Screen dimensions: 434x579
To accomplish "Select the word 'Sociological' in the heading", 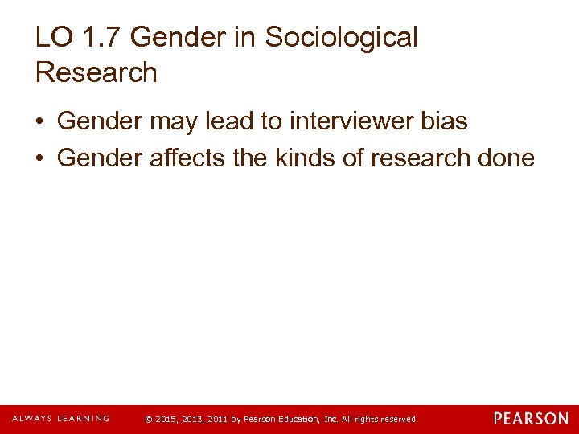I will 342,37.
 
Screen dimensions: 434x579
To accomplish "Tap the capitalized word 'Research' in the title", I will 96,72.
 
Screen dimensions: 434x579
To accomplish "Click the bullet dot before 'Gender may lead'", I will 40,122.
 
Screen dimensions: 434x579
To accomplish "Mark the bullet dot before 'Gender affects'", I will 40,158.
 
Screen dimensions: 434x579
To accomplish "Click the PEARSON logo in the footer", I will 531,419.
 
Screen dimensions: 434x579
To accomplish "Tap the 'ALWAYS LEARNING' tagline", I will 60,419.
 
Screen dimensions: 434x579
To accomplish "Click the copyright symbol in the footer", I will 149,420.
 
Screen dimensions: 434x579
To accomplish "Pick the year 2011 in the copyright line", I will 217,420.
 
